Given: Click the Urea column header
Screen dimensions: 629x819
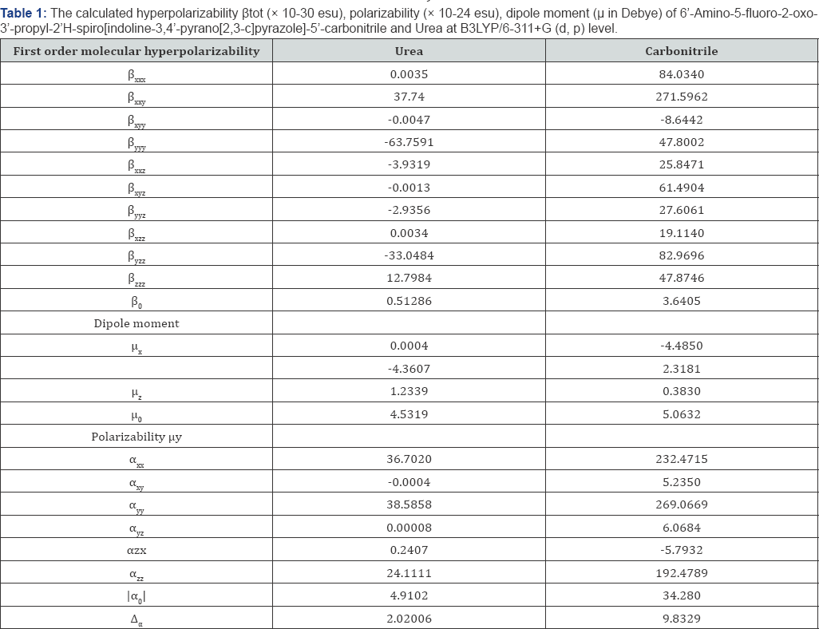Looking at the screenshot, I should [x=409, y=51].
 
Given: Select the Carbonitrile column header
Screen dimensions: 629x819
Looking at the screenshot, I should [x=681, y=51].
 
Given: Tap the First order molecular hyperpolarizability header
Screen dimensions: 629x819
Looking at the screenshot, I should [x=136, y=51].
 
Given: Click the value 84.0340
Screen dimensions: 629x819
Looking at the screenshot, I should [x=681, y=74].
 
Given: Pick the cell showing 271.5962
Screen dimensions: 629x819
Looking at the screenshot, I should [x=681, y=97].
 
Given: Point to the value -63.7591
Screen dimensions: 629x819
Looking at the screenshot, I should [x=409, y=142].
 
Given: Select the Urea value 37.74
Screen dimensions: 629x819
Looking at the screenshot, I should [x=409, y=97].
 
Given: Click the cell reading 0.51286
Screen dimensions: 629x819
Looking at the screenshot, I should [x=409, y=301].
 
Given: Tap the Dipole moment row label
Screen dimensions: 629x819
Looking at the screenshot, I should [x=135, y=323].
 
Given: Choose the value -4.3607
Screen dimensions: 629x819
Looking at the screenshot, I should [x=409, y=369].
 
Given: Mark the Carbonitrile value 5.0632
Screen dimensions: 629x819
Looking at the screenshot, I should [x=681, y=414].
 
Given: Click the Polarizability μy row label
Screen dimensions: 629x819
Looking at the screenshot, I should [x=136, y=437].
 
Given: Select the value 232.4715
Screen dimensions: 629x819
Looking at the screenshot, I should [x=681, y=459].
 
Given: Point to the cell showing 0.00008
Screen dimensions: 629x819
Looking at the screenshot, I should [x=409, y=528].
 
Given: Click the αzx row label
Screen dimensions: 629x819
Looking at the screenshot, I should [x=136, y=550].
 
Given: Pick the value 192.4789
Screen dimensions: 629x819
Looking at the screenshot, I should [x=681, y=572].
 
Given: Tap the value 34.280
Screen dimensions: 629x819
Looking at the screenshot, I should [x=681, y=595].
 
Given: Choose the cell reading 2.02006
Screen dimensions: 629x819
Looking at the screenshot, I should [x=409, y=618].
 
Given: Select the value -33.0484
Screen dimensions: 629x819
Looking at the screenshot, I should [x=409, y=255].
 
